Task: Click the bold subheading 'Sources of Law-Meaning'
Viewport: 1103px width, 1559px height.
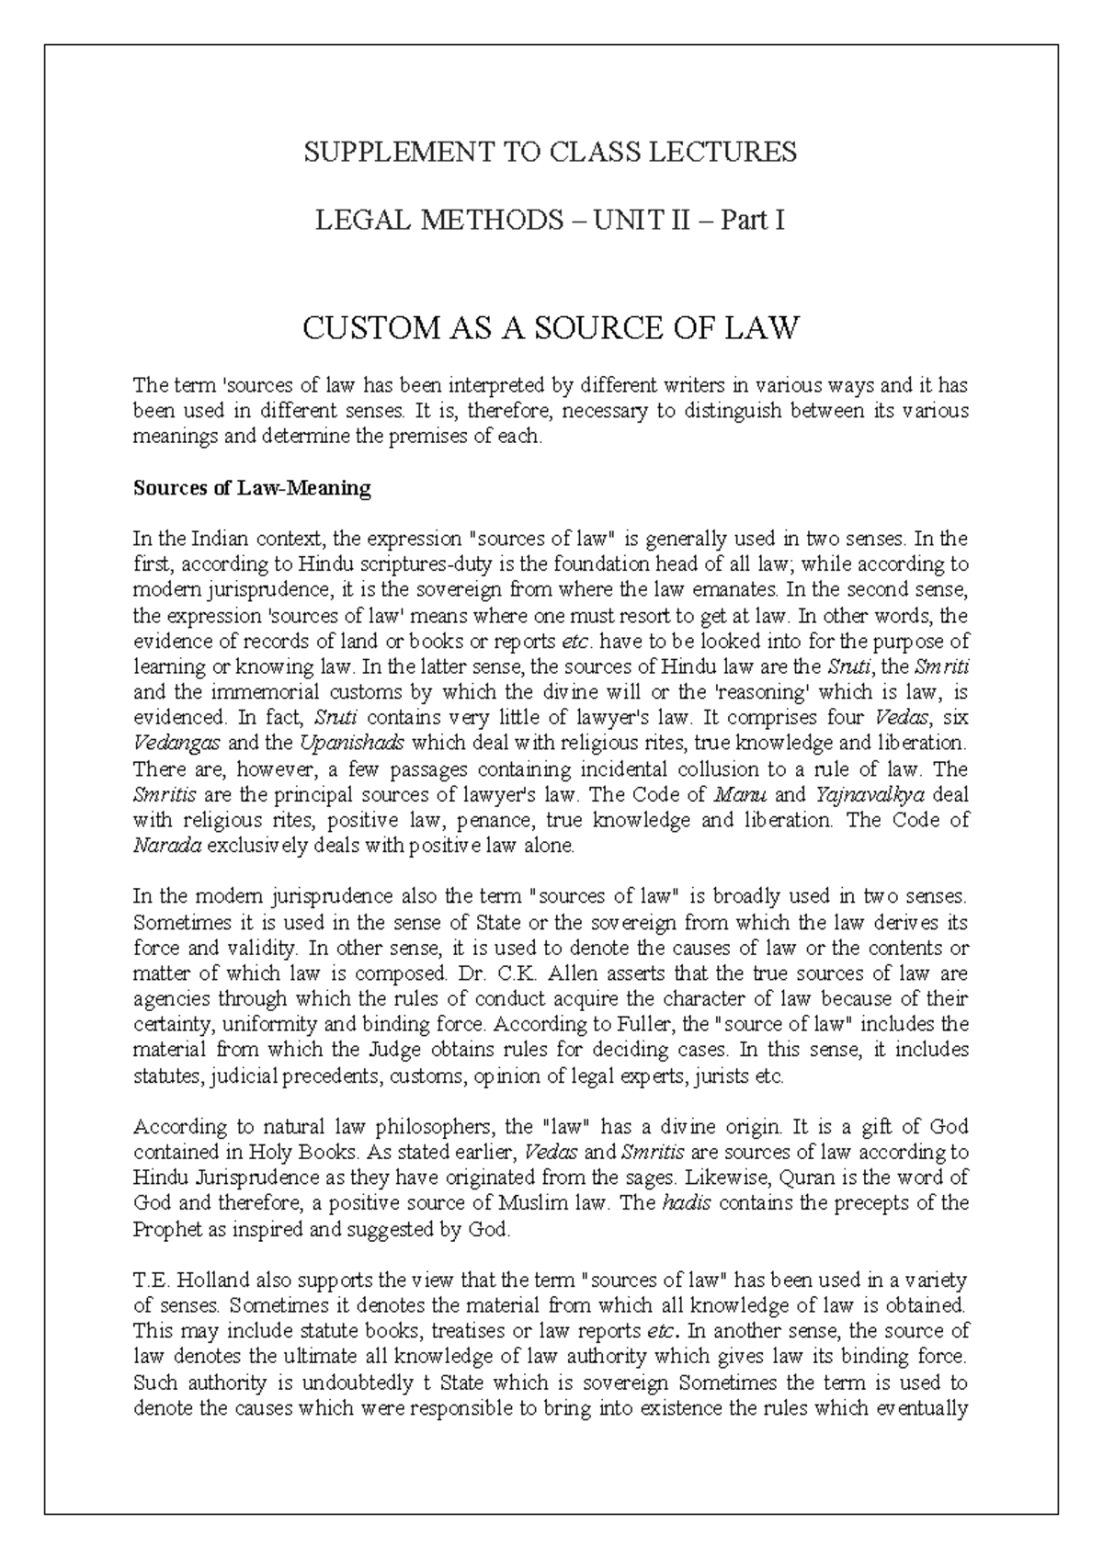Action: click(251, 488)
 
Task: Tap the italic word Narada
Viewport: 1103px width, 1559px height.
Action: click(166, 846)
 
